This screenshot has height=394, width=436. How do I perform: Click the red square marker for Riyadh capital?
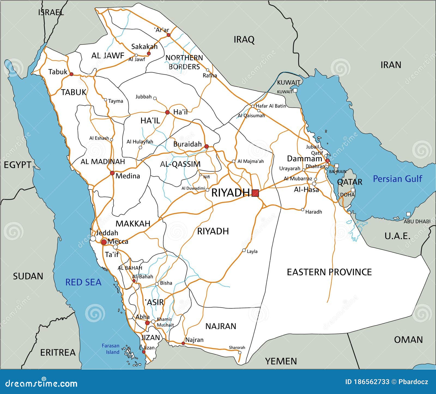coord(255,193)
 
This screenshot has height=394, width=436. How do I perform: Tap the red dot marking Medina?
coord(112,173)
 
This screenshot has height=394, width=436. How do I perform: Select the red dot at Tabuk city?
coord(71,74)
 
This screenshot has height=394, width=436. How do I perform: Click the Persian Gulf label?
coord(397,179)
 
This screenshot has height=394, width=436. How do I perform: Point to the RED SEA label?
coord(83,282)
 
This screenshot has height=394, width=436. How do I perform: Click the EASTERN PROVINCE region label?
coord(329,272)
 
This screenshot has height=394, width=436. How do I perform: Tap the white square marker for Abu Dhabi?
coord(408,214)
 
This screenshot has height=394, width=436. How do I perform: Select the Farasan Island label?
coord(111,349)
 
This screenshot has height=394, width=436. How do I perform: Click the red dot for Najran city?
coord(183,343)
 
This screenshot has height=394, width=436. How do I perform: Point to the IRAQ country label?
coord(244,40)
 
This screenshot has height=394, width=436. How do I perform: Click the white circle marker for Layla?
coord(244,250)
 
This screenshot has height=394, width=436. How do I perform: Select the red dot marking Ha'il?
coord(167,112)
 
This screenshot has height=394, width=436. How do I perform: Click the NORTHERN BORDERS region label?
coord(184,62)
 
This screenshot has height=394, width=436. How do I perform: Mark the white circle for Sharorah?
coord(240,353)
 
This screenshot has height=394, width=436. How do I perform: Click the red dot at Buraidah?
coord(207,147)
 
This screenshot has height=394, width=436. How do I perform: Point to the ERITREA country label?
coord(58,353)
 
